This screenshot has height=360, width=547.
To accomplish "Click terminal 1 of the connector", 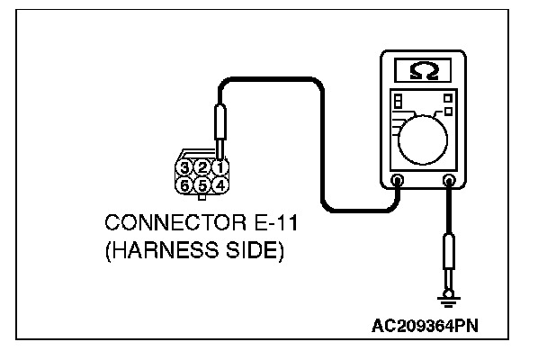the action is (x=219, y=167).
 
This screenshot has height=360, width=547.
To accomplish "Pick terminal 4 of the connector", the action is (x=219, y=184).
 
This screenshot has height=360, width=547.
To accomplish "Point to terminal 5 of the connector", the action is (x=203, y=184).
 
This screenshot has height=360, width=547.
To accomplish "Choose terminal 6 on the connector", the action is (x=186, y=184).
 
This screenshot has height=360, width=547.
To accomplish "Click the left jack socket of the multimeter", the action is (x=398, y=181).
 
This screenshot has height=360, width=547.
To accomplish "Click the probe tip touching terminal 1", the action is (x=219, y=149).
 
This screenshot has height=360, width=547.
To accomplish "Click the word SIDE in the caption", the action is (x=248, y=249).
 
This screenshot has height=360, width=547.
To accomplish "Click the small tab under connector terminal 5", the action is (x=202, y=197).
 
